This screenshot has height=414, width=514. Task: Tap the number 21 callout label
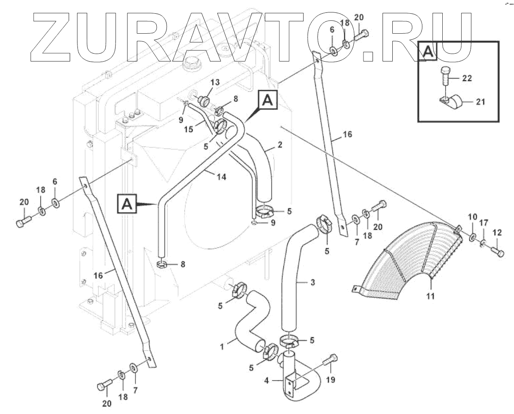pos(480,102)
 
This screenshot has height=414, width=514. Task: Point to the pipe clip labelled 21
pos(452,103)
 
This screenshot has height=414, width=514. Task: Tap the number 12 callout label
pos(497,232)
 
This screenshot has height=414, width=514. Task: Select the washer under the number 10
pos(472,238)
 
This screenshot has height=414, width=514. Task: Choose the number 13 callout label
pos(214,82)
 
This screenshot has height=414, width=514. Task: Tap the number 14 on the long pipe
pos(221,176)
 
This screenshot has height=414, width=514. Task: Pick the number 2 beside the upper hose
pos(280,145)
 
